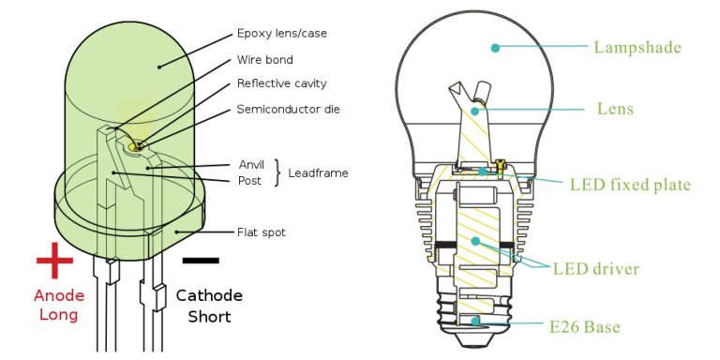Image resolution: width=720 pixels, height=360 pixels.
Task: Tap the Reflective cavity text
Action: pos(281,83)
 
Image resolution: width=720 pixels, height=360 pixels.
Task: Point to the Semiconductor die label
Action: pos(288,110)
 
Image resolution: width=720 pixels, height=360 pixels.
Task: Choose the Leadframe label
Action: pos(319,173)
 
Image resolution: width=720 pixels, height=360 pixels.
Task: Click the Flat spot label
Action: pos(262,232)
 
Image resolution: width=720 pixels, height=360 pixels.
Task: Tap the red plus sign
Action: pos(54,262)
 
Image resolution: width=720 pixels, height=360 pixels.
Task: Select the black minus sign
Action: pos(202,260)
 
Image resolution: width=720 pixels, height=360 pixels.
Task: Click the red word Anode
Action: pos(58,295)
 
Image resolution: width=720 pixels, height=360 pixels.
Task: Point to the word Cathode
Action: pos(210,295)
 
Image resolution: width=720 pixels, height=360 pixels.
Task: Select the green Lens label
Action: pos(615,109)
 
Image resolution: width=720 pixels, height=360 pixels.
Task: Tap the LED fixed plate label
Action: pos(630,185)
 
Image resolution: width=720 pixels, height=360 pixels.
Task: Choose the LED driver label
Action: pos(596,269)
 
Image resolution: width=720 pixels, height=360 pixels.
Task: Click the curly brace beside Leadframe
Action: pos(277,173)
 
